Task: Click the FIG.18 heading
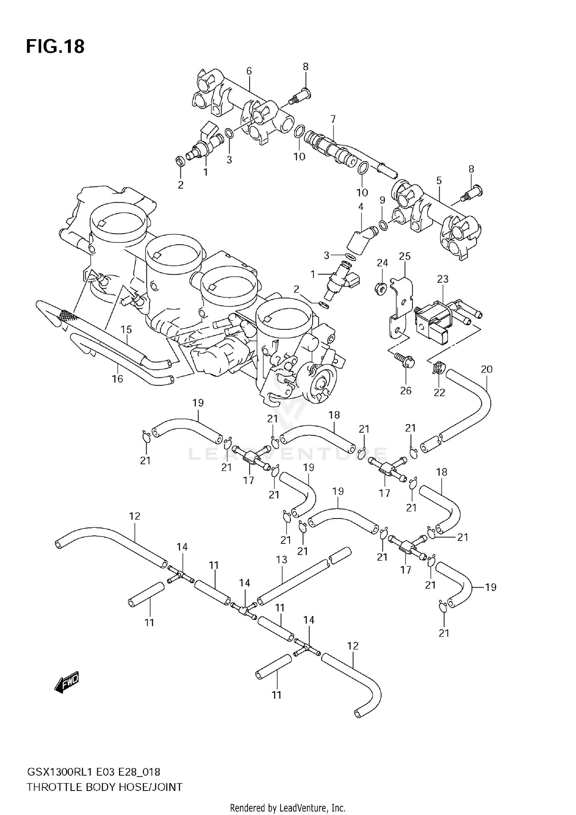pos(55,46)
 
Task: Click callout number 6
pos(249,71)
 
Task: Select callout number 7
pos(333,119)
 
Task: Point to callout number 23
pos(443,279)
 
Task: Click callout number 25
pos(405,256)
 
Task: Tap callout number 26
pos(406,390)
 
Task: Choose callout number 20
pos(486,369)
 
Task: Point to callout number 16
pos(117,379)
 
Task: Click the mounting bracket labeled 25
pos(401,307)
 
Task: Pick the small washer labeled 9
pos(383,225)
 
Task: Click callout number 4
pos(361,207)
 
